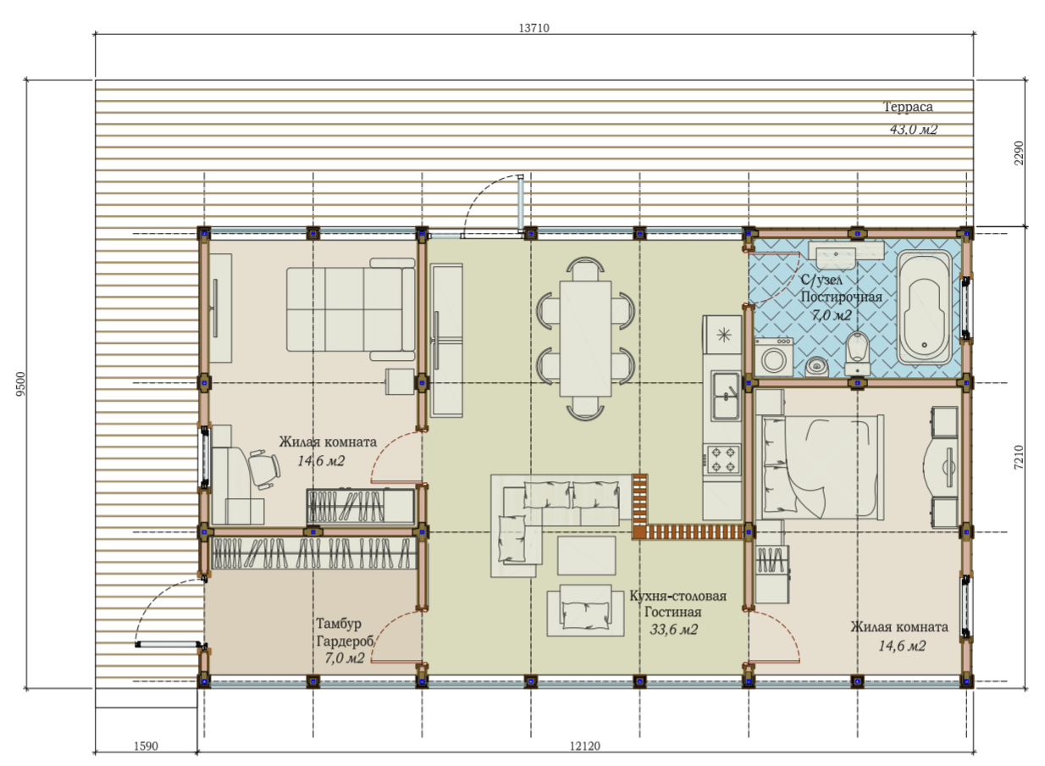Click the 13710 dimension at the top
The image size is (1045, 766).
click(x=534, y=28)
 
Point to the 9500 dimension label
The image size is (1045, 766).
click(x=20, y=384)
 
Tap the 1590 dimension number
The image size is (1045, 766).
click(x=146, y=746)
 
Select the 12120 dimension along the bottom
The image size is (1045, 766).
click(x=585, y=746)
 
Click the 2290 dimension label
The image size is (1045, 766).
click(x=1019, y=153)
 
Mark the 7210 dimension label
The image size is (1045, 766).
click(x=1019, y=458)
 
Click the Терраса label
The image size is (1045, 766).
click(x=908, y=107)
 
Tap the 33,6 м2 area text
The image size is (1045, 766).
click(x=673, y=630)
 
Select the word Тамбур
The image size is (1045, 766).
click(x=339, y=624)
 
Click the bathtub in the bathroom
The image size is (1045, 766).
click(x=924, y=307)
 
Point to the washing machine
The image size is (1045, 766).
click(x=773, y=357)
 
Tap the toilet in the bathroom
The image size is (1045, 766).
click(x=857, y=353)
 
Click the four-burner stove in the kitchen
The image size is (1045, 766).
click(x=722, y=459)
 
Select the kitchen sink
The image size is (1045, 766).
click(x=725, y=396)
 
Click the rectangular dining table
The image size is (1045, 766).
click(x=585, y=338)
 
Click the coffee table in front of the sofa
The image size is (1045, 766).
click(x=586, y=556)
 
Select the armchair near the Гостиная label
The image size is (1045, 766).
click(x=585, y=610)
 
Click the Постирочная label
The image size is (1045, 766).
click(x=841, y=297)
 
